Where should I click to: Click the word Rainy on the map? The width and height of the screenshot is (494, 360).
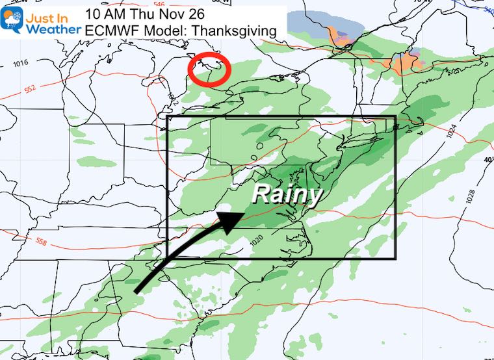(x=287, y=194)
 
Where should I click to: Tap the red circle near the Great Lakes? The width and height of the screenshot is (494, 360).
(x=209, y=70)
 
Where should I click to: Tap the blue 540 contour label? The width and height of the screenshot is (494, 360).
(x=487, y=9)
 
